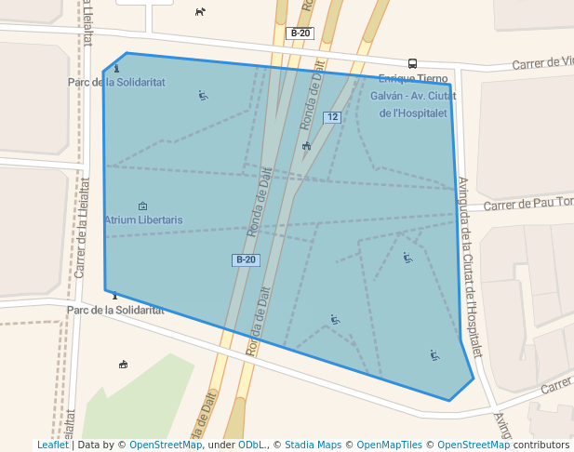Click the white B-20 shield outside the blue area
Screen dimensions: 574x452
[x=300, y=33]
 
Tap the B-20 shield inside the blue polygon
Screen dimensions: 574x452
[x=246, y=259]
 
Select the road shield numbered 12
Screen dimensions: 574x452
[x=332, y=117]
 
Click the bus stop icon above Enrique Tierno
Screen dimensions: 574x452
[x=412, y=64]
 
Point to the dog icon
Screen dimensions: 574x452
[x=200, y=11]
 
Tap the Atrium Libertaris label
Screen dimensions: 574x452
[x=143, y=219]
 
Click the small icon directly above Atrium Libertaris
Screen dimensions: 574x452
[x=142, y=206]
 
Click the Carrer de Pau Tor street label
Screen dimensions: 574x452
[x=527, y=204]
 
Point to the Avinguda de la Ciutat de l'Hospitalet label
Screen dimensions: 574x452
[x=471, y=266]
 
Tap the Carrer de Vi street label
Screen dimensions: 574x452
[x=543, y=63]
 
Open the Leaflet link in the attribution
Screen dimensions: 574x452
[x=52, y=445]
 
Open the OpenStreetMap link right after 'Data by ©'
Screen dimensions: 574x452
[x=165, y=445]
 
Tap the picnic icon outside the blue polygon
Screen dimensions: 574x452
[x=123, y=364]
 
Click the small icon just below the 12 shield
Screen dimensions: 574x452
[x=306, y=145]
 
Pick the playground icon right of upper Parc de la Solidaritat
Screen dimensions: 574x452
[x=203, y=95]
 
